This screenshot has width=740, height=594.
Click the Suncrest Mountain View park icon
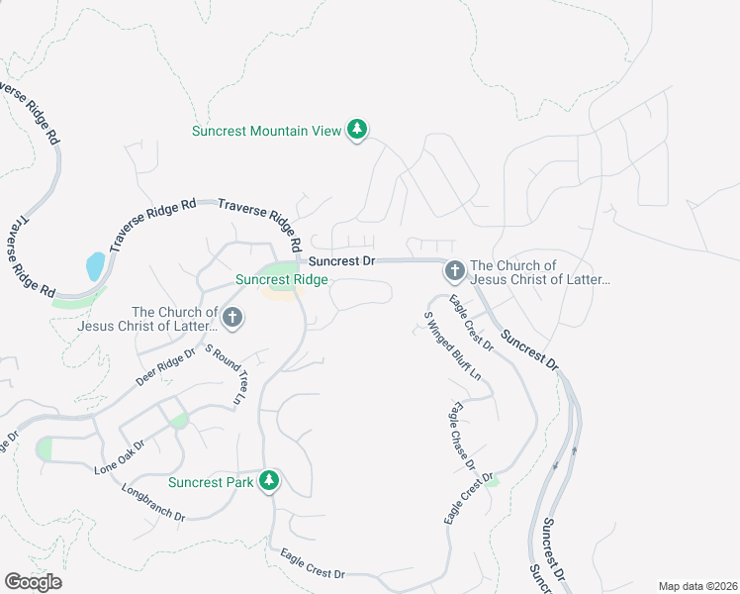tap(357, 130)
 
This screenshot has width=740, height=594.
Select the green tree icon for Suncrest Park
tap(268, 482)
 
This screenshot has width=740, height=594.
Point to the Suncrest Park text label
tap(211, 483)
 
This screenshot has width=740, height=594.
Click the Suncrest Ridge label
tap(282, 280)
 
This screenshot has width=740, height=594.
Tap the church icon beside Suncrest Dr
tap(454, 270)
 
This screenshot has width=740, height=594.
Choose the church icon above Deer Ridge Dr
tap(231, 318)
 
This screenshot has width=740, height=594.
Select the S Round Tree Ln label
tap(225, 375)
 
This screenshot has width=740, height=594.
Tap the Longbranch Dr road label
tap(154, 502)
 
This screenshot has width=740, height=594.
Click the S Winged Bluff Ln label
tap(451, 347)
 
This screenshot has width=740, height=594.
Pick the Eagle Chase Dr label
tap(463, 436)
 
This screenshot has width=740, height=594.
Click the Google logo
tap(33, 582)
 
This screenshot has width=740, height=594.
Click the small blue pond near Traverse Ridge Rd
tap(95, 265)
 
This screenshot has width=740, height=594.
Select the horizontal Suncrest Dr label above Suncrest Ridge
tap(341, 261)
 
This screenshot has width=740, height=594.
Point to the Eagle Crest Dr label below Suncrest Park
tap(313, 563)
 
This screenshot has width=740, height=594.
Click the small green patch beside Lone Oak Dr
tap(178, 421)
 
